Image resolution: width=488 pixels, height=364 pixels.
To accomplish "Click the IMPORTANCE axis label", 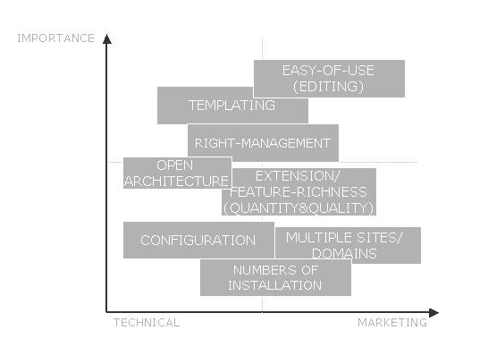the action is point(56,38).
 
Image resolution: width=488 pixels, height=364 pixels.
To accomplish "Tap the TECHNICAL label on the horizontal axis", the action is point(147,323).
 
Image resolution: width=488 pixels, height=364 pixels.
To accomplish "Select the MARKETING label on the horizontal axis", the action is point(392,323).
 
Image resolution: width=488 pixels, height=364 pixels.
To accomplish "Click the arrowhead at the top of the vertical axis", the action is point(107,39).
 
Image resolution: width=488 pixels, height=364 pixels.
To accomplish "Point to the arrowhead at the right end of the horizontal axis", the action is point(433,313).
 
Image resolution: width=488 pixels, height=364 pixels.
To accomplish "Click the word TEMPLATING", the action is point(231,106).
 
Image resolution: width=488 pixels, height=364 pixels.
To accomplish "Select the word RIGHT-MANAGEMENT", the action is point(263,143).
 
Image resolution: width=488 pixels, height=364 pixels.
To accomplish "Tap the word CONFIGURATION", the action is point(198,240).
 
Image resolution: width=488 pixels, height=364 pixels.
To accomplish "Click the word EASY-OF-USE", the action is point(328,71).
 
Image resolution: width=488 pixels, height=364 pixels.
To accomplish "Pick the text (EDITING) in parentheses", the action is point(328,86).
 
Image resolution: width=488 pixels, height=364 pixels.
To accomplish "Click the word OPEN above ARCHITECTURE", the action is point(175,165).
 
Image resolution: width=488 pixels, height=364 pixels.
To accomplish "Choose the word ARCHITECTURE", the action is point(176,182).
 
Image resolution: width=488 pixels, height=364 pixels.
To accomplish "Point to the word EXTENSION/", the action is point(298,176).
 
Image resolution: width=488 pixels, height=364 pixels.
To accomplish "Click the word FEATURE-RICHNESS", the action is point(299,192).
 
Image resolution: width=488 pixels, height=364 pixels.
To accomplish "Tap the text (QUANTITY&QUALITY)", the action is point(299,208).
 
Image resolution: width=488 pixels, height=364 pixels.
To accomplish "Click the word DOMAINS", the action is point(344,253).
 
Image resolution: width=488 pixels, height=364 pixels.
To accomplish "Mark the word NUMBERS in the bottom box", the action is point(265,270).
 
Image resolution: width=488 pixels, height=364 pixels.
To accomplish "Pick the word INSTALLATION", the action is point(274,285).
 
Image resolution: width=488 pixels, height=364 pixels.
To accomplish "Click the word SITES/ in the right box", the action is point(379,238).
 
